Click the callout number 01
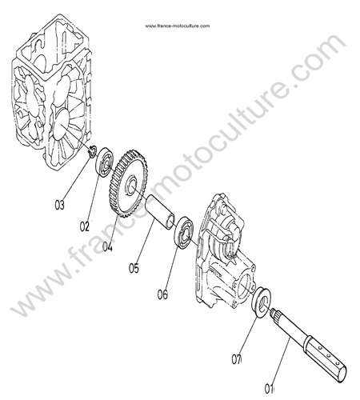point(269,389)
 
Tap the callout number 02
point(84,227)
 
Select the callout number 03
point(60,205)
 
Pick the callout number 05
point(134,268)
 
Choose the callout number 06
point(162,294)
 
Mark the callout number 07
point(236,359)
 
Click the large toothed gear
point(128,184)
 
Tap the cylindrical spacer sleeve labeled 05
point(160,212)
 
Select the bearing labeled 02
point(105,162)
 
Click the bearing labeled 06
point(184,233)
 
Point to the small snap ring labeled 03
point(92,152)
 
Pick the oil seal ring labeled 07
point(262,302)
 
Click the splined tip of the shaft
point(274,313)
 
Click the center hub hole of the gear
point(133,186)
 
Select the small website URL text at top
point(178,26)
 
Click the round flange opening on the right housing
point(245,286)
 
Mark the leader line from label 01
point(281,361)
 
